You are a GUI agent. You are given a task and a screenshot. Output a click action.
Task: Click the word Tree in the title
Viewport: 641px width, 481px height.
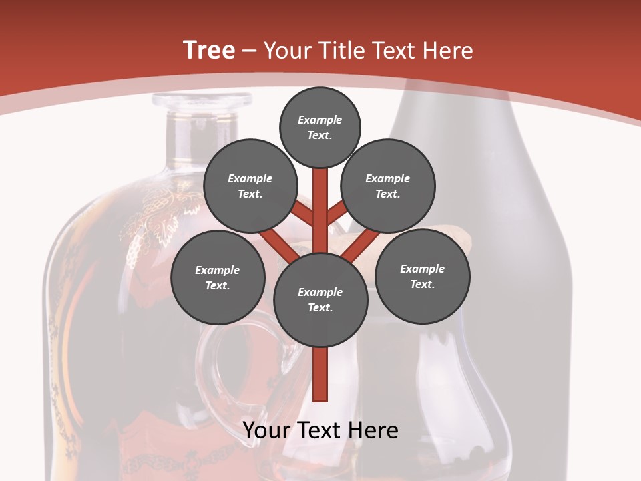pos(209,51)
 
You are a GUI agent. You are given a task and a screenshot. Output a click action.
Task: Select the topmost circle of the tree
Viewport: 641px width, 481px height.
pos(320,127)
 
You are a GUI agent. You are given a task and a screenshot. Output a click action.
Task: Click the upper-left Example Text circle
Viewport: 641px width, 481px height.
pos(250,186)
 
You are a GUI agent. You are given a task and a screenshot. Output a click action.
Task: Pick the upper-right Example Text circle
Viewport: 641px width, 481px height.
pos(387,186)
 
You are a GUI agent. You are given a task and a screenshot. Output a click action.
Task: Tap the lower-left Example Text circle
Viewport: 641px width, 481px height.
pos(217,277)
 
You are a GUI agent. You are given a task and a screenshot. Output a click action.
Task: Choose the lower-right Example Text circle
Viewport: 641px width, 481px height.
pos(422,276)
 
